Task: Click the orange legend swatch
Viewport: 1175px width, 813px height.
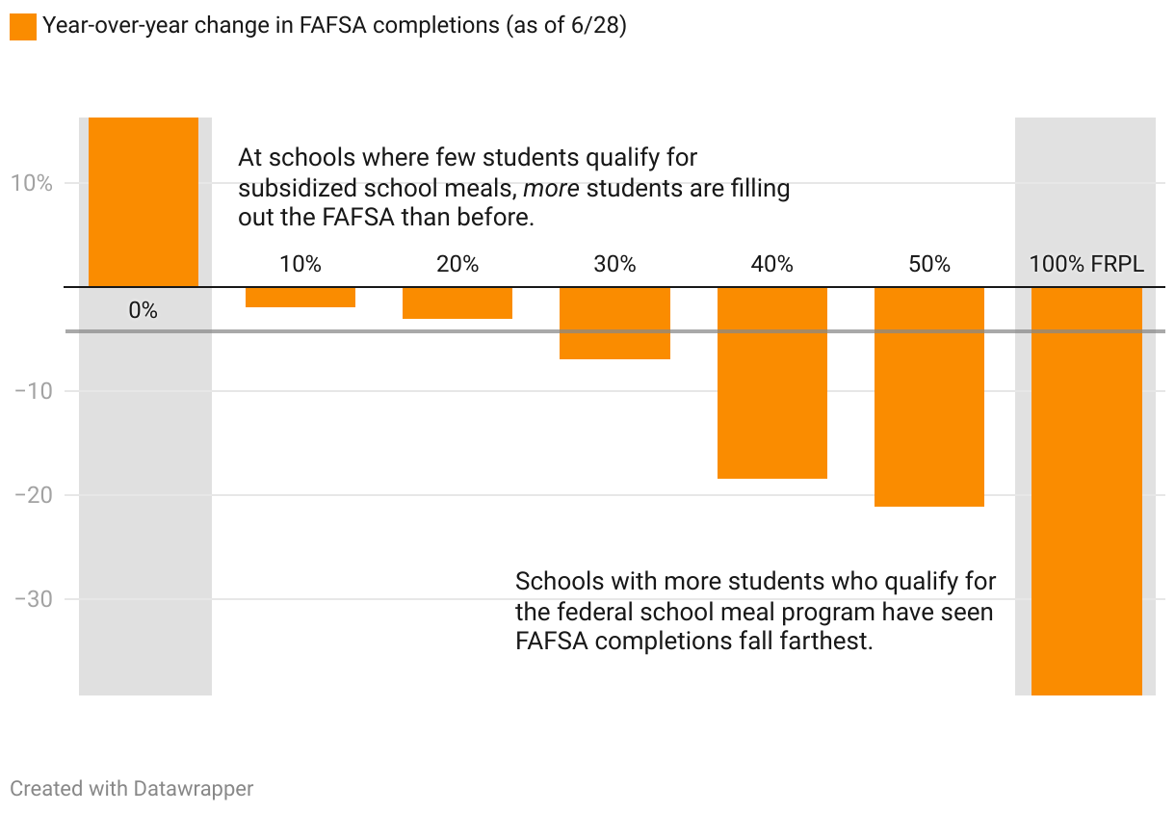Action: tap(22, 26)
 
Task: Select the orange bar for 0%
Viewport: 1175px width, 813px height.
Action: tap(144, 202)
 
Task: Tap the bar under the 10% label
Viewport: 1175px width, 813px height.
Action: tap(300, 297)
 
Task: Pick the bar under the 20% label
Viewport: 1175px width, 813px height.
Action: tap(457, 302)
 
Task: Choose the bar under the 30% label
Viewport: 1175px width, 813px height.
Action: tap(614, 323)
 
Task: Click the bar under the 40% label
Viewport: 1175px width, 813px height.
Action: tap(771, 382)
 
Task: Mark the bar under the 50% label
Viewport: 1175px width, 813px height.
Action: tap(929, 396)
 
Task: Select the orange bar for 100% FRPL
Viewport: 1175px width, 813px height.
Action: tap(1086, 490)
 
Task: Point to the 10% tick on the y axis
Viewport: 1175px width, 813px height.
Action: tap(32, 183)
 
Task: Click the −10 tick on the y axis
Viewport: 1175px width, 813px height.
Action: tap(33, 391)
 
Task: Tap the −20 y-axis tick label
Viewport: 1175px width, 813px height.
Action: tap(33, 495)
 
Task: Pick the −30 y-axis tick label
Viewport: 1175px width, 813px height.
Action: tap(33, 599)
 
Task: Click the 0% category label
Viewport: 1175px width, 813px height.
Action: tap(143, 311)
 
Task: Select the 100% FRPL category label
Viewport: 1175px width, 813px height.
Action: tap(1086, 264)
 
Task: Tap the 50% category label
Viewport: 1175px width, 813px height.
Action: tap(929, 264)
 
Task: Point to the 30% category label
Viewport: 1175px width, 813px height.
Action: tap(614, 264)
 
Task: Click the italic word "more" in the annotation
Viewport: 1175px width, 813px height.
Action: tap(551, 188)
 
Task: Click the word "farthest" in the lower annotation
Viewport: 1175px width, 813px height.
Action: tap(829, 641)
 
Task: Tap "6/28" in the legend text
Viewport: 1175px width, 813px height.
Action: tap(595, 26)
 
